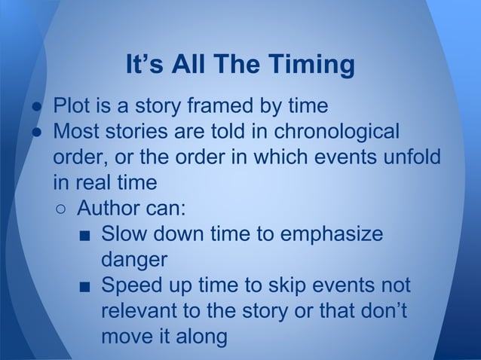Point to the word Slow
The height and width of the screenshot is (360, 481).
124,234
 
